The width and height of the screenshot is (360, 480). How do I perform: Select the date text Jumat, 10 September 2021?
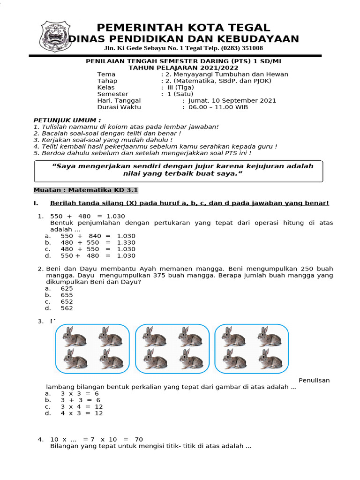[x=232, y=100]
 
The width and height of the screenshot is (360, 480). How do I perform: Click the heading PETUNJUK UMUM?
[x=67, y=120]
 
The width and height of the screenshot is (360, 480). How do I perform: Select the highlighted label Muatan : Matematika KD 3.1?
[x=86, y=190]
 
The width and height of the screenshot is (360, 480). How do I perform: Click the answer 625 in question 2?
[x=67, y=289]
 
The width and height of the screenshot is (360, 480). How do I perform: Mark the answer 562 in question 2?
[x=67, y=308]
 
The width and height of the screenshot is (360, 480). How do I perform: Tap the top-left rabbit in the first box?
[x=75, y=337]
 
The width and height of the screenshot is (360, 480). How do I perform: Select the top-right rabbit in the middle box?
[x=190, y=337]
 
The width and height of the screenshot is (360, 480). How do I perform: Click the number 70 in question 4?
[x=138, y=439]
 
